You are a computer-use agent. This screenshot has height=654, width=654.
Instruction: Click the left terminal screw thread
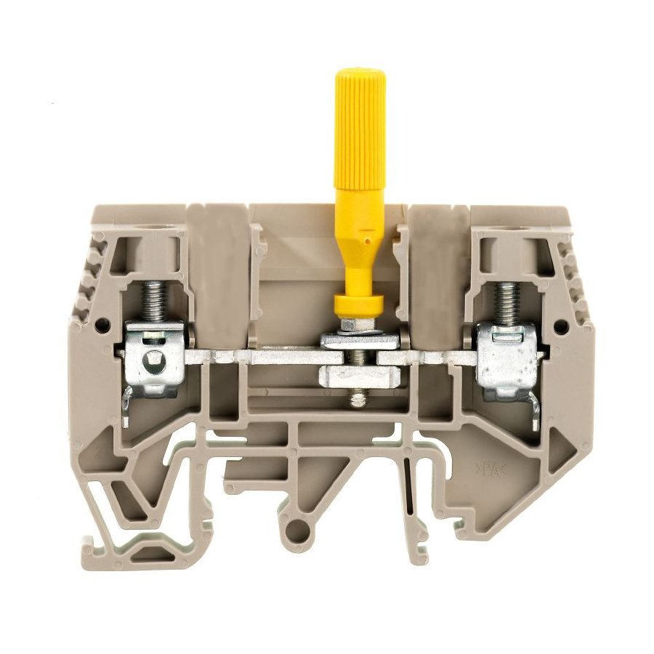[x=153, y=301]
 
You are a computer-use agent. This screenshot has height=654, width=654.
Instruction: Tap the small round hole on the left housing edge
[x=101, y=323]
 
